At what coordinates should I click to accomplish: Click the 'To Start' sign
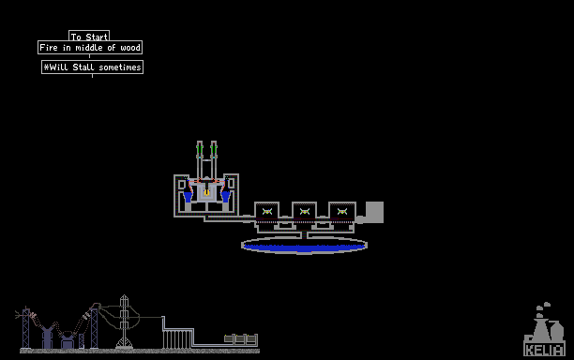pyautogui.click(x=89, y=37)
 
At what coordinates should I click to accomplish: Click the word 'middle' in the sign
pyautogui.click(x=89, y=48)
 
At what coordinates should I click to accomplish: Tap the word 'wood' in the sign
pyautogui.click(x=130, y=48)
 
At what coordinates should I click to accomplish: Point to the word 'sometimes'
pyautogui.click(x=120, y=67)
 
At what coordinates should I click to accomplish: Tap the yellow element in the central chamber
pyautogui.click(x=207, y=191)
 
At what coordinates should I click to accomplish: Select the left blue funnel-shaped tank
pyautogui.click(x=188, y=195)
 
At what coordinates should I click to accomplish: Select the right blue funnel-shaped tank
pyautogui.click(x=225, y=195)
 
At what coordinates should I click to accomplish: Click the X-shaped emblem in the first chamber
pyautogui.click(x=267, y=211)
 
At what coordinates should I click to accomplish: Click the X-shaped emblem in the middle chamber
pyautogui.click(x=305, y=211)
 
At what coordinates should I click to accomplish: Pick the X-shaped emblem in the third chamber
pyautogui.click(x=342, y=211)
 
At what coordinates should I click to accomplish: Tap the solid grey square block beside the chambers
pyautogui.click(x=374, y=212)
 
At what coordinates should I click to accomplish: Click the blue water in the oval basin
pyautogui.click(x=304, y=247)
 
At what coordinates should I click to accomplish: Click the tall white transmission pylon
pyautogui.click(x=124, y=322)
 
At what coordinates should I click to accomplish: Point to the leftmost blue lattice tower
pyautogui.click(x=26, y=328)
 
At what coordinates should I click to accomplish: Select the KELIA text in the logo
pyautogui.click(x=544, y=350)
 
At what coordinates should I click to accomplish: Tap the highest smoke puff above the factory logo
pyautogui.click(x=547, y=304)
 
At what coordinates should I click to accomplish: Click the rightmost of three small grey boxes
pyautogui.click(x=251, y=338)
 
